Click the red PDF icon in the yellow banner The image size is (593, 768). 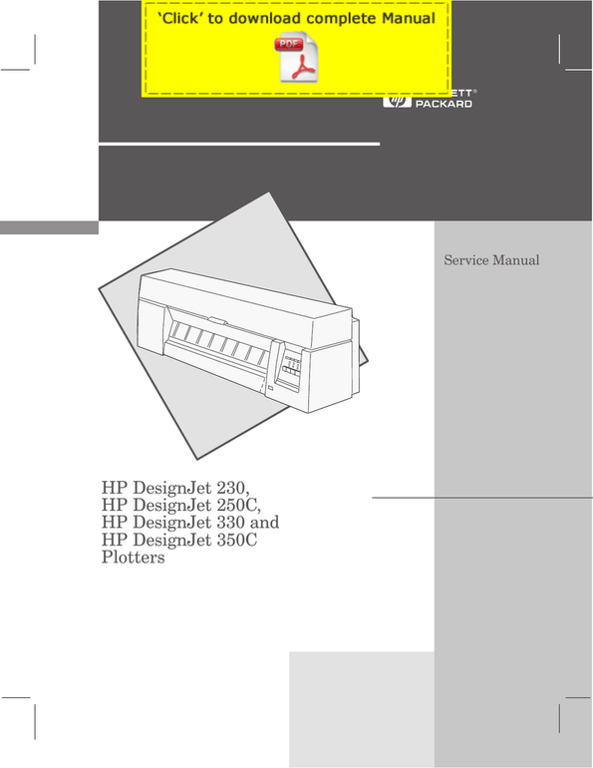tap(297, 57)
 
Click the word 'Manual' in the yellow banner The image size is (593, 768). tap(409, 19)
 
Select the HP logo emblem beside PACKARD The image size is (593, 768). tap(397, 102)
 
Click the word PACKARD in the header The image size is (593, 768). tap(444, 104)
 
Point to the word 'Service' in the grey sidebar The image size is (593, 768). tap(465, 260)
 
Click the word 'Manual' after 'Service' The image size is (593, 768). tap(516, 260)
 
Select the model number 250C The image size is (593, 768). tap(238, 505)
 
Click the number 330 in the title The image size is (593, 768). tap(230, 522)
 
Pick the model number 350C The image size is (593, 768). tap(237, 540)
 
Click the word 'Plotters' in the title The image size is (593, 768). tap(134, 558)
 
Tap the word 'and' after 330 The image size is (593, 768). tap(265, 522)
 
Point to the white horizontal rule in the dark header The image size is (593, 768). tap(239, 144)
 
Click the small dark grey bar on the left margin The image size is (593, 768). tap(49, 227)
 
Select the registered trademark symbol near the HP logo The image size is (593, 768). tap(474, 91)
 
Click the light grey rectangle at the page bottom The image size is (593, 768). tap(362, 709)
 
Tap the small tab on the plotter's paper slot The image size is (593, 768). tap(217, 320)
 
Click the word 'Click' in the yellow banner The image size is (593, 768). tap(178, 19)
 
